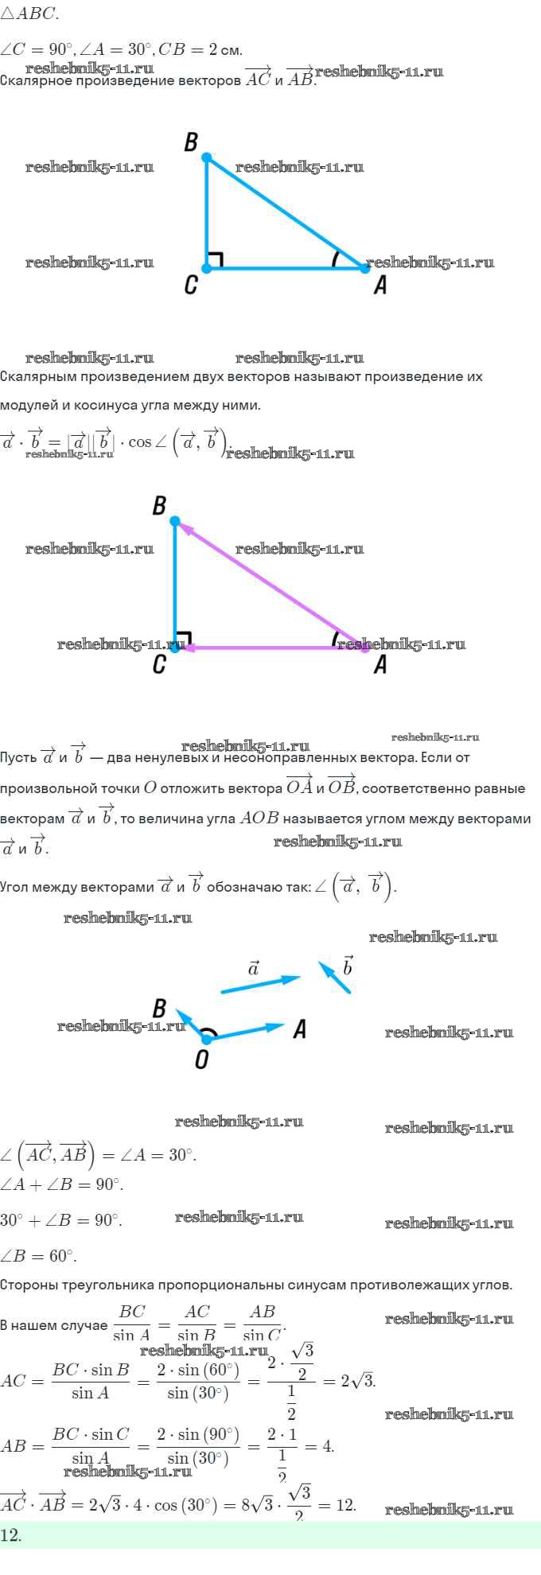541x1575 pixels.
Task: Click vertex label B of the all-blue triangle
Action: [191, 142]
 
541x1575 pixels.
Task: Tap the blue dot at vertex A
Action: [365, 268]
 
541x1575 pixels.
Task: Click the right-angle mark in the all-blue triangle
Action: [216, 259]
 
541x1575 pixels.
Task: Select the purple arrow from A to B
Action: [270, 585]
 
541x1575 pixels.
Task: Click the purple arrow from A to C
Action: [270, 648]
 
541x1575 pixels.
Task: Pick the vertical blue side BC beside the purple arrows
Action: [175, 585]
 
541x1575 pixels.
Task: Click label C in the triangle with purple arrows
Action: [159, 664]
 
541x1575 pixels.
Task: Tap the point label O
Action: [201, 1060]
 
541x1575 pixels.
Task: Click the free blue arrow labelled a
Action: [259, 985]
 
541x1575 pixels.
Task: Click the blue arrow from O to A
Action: [247, 1032]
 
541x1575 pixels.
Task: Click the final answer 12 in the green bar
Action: [11, 1535]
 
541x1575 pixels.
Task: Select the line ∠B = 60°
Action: [38, 1256]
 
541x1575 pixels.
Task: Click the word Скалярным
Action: [40, 376]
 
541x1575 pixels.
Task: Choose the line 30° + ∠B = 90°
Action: [61, 1220]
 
